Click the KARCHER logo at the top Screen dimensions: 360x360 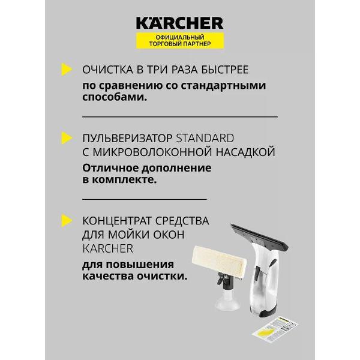click(x=180, y=23)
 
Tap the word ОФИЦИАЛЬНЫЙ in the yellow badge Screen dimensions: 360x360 click(x=180, y=37)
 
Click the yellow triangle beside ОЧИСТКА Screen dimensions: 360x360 click(x=67, y=70)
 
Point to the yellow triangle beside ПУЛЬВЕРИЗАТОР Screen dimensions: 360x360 click(x=67, y=138)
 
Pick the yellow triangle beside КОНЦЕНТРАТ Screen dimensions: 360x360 click(x=67, y=221)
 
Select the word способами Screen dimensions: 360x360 click(x=115, y=97)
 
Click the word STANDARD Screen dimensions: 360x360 click(x=205, y=138)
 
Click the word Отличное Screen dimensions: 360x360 click(x=110, y=168)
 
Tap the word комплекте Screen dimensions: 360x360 click(x=124, y=179)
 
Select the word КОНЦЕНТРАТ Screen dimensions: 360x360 click(x=117, y=221)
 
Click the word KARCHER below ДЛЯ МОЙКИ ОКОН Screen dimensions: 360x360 click(x=107, y=248)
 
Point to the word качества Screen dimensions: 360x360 click(x=107, y=276)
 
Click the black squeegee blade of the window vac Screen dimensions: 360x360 click(x=259, y=236)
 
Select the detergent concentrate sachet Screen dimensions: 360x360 click(x=275, y=328)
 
